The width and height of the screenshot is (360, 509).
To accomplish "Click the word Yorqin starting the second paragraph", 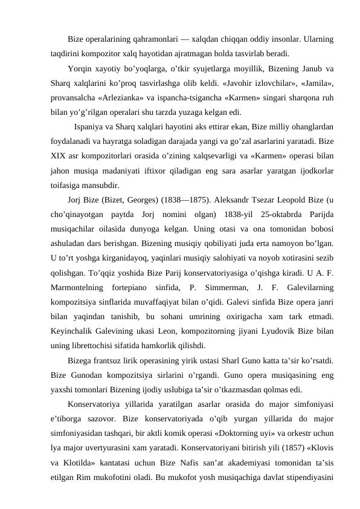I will pyautogui.click(x=80, y=67).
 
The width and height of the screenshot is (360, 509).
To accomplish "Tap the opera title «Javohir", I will pyautogui.click(x=234, y=82).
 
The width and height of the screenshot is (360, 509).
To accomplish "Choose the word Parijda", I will pyautogui.click(x=321, y=215).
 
